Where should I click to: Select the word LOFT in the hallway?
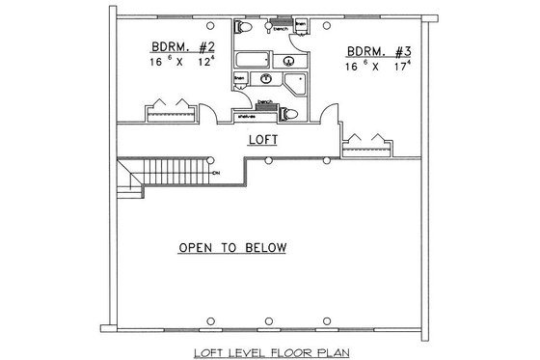[262, 140]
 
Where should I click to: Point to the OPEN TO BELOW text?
[231, 248]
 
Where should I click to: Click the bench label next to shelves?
[263, 101]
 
